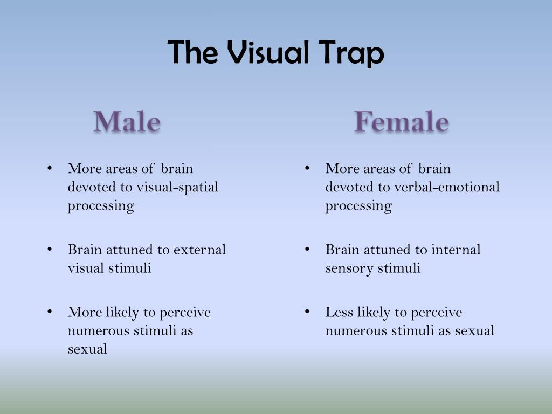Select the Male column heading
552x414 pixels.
click(127, 121)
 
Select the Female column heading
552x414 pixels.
click(402, 121)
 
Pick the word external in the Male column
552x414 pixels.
click(199, 250)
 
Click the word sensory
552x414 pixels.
click(347, 268)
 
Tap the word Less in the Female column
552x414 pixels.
click(336, 312)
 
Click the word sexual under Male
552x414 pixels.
click(87, 349)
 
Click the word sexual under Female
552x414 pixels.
click(474, 330)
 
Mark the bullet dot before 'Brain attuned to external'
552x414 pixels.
click(50, 249)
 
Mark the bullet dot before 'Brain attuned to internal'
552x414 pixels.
click(307, 249)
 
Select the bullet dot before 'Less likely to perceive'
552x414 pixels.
click(307, 312)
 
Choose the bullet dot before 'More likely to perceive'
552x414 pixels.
click(50, 312)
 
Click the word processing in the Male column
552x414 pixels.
click(101, 206)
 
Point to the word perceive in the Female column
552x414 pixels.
click(437, 312)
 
